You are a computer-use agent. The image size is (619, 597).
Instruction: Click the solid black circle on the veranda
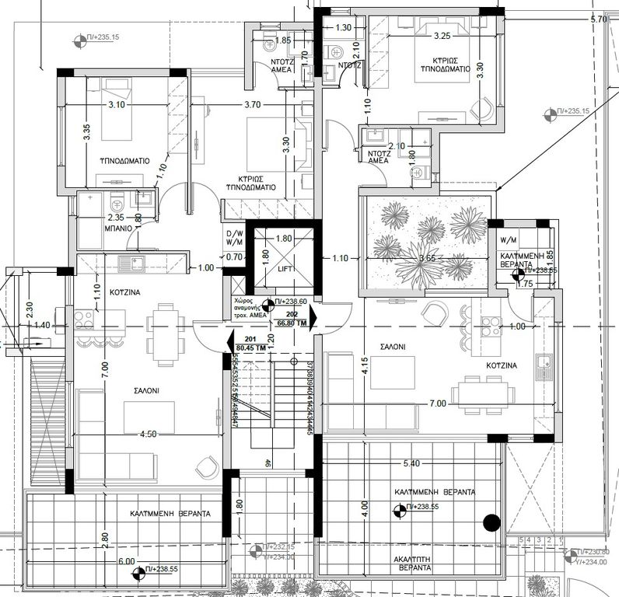[491, 523]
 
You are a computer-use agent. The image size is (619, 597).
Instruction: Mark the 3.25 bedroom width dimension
[442, 36]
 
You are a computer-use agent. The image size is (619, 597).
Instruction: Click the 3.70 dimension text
[252, 104]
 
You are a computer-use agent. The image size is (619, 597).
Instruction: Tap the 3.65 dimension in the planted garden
[426, 258]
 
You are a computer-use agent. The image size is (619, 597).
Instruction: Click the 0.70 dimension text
[233, 257]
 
